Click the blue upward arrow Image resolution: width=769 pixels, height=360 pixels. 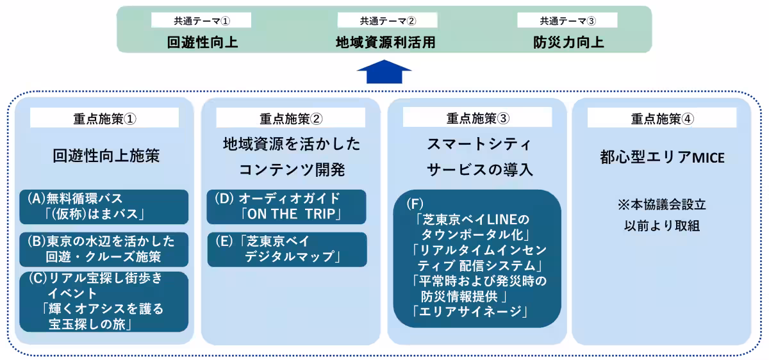pyautogui.click(x=384, y=72)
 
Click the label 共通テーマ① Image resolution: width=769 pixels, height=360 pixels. pyautogui.click(x=201, y=20)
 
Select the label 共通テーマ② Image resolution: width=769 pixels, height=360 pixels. pyautogui.click(x=387, y=20)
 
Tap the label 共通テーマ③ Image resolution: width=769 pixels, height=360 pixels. pyautogui.click(x=567, y=20)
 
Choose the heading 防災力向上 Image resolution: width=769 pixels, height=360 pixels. pyautogui.click(x=568, y=43)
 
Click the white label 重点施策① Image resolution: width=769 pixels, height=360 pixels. pyautogui.click(x=104, y=118)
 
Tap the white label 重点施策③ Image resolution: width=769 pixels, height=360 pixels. pyautogui.click(x=477, y=118)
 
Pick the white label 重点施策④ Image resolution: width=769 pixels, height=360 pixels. pyautogui.click(x=661, y=118)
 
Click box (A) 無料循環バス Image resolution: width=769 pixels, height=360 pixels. pyautogui.click(x=104, y=206)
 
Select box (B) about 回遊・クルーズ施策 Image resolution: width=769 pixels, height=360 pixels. pyautogui.click(x=104, y=249)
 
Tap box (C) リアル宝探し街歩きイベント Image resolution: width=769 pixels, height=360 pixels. pyautogui.click(x=104, y=302)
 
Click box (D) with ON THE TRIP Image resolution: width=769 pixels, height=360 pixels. pyautogui.click(x=286, y=206)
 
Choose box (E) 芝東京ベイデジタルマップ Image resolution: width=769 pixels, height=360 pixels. pyautogui.click(x=286, y=249)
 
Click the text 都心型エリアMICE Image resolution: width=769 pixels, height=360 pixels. pyautogui.click(x=661, y=157)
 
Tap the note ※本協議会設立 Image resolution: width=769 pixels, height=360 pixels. pyautogui.click(x=661, y=205)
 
